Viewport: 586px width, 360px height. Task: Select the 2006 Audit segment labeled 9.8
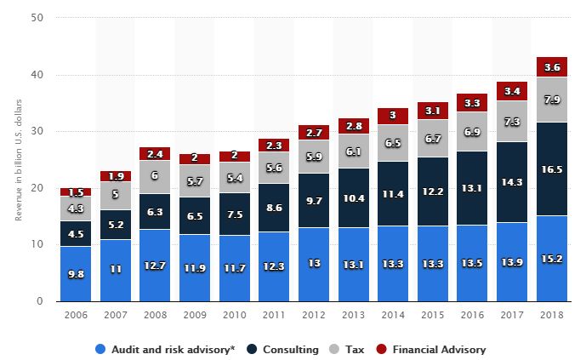pyautogui.click(x=76, y=274)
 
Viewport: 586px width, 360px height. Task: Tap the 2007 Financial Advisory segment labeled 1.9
pyautogui.click(x=115, y=176)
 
